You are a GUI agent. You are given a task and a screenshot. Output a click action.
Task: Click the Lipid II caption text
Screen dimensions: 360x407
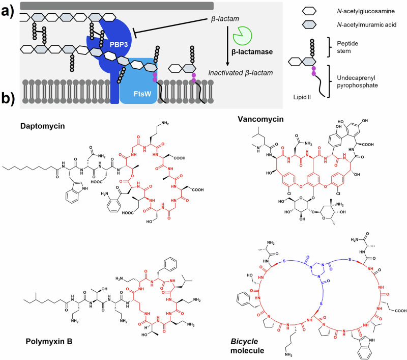(x=311, y=96)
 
